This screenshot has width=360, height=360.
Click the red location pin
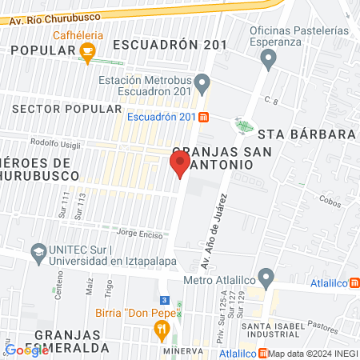[180, 164]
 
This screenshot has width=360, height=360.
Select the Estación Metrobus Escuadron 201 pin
[203, 81]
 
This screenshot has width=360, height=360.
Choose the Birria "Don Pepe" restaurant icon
[162, 328]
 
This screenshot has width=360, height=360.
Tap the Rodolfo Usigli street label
[52, 143]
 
